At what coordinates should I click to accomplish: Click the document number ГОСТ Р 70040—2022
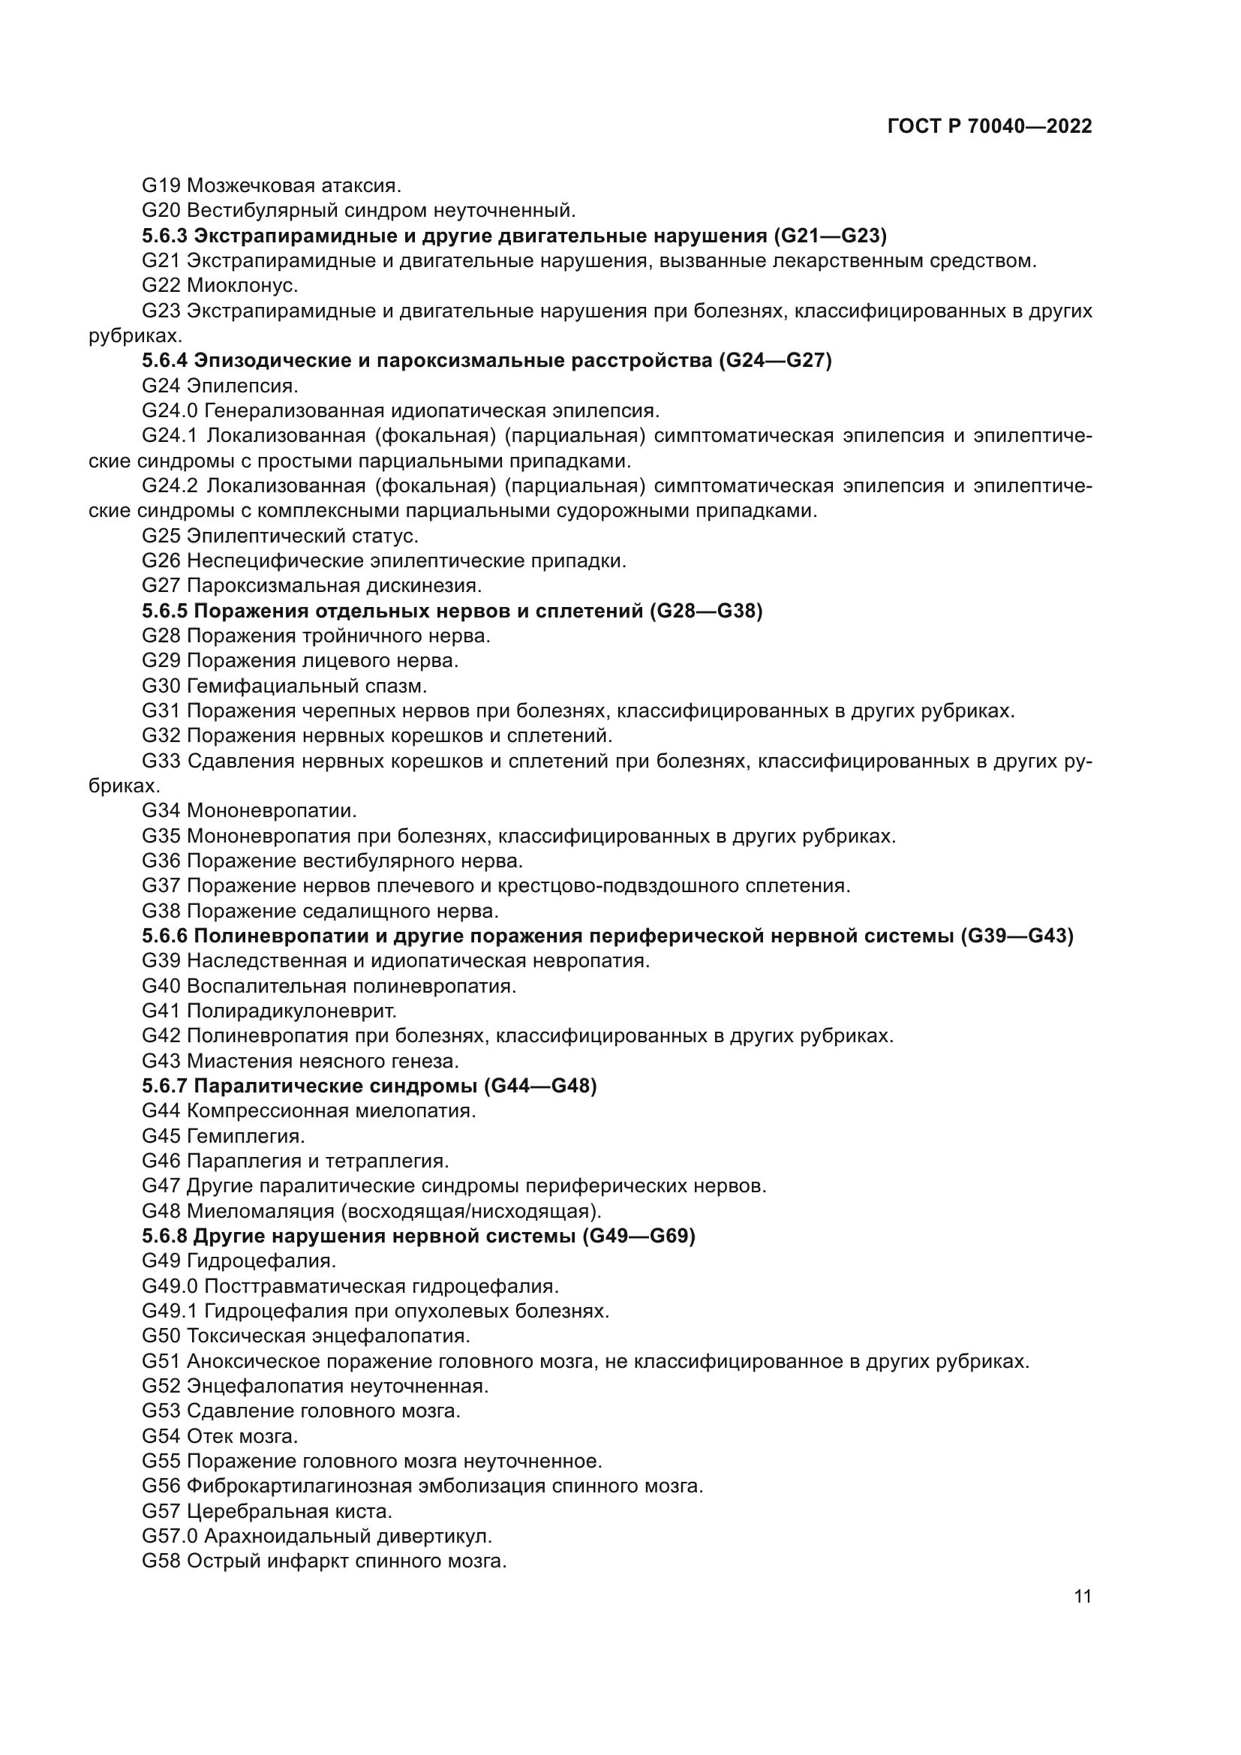point(990,126)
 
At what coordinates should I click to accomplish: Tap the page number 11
point(1082,1596)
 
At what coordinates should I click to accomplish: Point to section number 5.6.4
point(164,361)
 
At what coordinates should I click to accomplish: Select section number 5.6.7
point(164,1086)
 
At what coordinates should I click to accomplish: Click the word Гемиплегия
point(245,1136)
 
